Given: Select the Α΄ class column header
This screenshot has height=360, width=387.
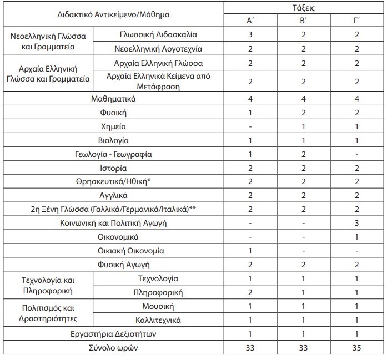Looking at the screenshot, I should click(250, 21).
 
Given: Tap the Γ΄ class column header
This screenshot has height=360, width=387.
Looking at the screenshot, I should click(355, 21).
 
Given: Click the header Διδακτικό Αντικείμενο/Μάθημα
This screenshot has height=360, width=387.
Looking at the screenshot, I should click(113, 14).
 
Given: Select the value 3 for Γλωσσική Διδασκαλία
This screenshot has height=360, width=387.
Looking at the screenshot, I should click(250, 34).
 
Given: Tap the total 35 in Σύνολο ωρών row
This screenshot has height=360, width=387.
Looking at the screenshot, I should click(355, 348).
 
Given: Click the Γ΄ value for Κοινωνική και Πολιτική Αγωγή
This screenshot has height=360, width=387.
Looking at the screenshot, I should click(355, 223).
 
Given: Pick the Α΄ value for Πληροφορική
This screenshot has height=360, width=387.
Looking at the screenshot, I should click(250, 292).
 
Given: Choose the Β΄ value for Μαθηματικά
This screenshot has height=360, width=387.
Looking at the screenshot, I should click(303, 99).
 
